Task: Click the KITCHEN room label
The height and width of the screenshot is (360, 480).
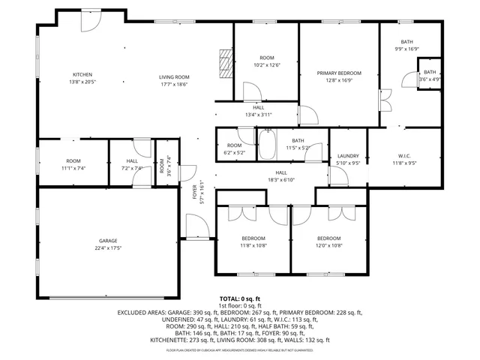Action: click(x=82, y=73)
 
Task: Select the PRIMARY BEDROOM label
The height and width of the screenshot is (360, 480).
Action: click(x=338, y=73)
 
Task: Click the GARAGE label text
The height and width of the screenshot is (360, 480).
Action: click(x=108, y=241)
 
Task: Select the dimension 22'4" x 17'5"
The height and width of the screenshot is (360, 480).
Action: click(x=108, y=248)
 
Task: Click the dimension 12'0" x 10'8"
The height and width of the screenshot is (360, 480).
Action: click(x=328, y=245)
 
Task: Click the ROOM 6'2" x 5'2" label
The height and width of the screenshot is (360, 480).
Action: click(x=235, y=148)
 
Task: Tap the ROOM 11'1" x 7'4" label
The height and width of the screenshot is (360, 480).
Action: click(x=73, y=164)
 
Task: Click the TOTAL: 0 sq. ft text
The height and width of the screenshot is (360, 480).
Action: click(x=239, y=298)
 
